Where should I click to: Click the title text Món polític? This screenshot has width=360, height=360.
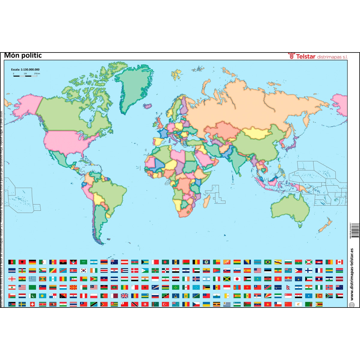pos(23,55)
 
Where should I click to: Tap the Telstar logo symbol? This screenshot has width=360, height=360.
pos(291,56)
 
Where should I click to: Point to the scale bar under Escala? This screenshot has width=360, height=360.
pos(25,76)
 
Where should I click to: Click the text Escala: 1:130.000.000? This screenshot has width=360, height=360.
pos(25,70)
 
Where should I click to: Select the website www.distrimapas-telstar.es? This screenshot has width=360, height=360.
pos(352,274)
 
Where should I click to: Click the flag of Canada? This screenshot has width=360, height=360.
pos(339,262)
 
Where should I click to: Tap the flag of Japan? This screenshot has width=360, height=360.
pos(237,279)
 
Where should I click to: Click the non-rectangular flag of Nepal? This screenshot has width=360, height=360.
pos(288,287)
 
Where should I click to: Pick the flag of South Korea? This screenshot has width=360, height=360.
pos(83,270)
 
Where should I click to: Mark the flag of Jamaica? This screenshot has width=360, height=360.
pos(227,279)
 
